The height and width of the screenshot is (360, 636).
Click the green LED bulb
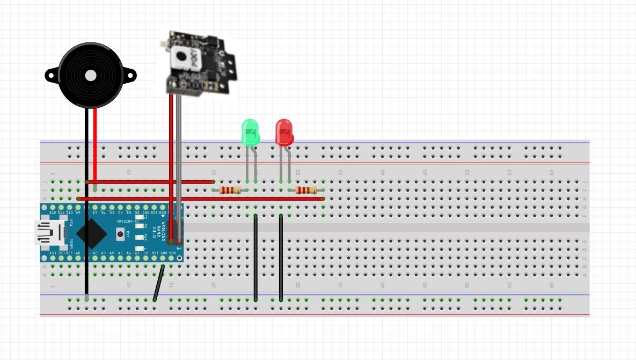coord(251,133)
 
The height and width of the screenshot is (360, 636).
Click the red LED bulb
coord(284,133)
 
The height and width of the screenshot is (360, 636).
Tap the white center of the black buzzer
coord(90,75)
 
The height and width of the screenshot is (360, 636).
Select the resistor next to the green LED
coord(230,190)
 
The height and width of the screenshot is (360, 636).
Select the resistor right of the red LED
coord(306,190)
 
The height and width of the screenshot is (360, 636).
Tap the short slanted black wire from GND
coord(159,283)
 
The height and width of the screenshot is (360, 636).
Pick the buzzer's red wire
coord(95,145)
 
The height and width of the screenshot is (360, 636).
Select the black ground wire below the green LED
coord(255,258)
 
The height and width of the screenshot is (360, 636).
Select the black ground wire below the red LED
coord(281,258)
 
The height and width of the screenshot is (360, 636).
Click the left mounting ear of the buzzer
coord(52,76)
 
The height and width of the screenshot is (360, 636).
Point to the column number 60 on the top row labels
coord(552,172)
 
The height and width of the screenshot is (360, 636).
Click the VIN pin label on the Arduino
coord(172,253)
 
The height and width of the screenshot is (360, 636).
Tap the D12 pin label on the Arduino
coord(53,213)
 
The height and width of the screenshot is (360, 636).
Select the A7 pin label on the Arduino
coord(137,253)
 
